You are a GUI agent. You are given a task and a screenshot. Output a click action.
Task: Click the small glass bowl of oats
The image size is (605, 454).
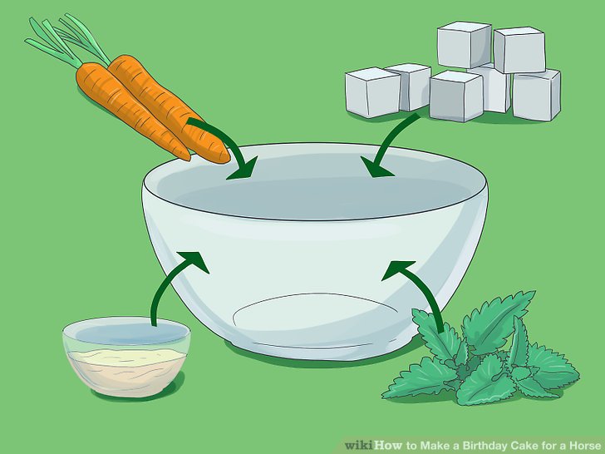tap(126, 357)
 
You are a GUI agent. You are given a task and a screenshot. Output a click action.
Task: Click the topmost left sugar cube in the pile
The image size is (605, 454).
tap(465, 44)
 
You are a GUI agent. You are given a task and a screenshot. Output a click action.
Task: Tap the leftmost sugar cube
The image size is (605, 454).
tap(372, 91)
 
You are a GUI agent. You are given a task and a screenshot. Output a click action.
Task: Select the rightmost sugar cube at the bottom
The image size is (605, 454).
tap(536, 95)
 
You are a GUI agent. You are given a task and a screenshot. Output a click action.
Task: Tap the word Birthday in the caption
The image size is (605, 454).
tap(484, 446)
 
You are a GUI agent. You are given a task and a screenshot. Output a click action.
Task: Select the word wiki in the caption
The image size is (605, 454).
tap(359, 445)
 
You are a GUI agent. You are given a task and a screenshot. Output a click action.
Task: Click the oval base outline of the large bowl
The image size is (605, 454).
tap(316, 294)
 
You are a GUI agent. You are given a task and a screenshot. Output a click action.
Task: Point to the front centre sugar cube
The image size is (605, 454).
tap(456, 96)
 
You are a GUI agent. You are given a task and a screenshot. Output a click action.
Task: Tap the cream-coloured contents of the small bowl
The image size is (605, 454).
tap(126, 368)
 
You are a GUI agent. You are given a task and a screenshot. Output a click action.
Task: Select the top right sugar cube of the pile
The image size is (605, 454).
tap(519, 49)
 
